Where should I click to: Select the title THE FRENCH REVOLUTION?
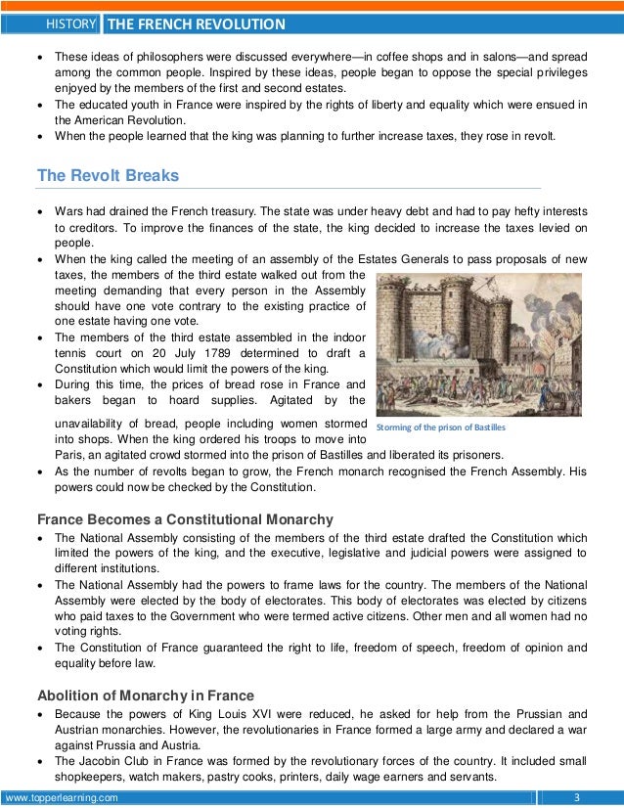[x=196, y=23]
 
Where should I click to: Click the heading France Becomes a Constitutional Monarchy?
[x=185, y=519]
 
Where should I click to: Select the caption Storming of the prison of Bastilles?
[x=441, y=428]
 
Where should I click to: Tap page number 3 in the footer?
[x=577, y=797]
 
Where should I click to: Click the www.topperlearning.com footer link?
[x=62, y=797]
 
